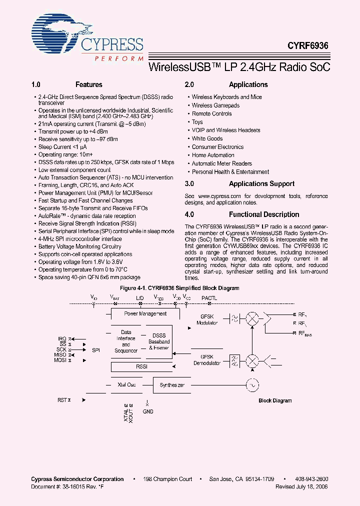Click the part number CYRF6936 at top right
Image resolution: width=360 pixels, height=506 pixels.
coord(307,45)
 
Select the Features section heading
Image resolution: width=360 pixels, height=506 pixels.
coord(88,84)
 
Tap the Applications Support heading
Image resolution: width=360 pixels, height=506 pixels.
coord(261,183)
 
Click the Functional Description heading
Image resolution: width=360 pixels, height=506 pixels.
coord(264,214)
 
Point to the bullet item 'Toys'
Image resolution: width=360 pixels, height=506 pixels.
coord(197,122)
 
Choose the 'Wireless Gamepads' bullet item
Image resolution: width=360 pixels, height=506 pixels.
coord(215,105)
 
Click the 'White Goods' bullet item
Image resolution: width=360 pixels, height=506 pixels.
coord(207,138)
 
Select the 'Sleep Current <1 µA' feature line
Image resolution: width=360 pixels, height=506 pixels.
coord(62,147)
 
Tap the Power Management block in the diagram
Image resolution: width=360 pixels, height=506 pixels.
coord(145,313)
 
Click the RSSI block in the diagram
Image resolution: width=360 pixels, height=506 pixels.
coord(142,367)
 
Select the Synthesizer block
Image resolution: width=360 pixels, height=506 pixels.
coord(172,385)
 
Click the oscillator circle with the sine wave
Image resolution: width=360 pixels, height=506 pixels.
coord(251,385)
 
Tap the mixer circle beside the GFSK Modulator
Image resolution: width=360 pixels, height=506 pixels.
coord(253,319)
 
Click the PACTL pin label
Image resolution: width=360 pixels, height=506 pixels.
coord(209,298)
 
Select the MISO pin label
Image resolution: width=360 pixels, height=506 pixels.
coord(60,355)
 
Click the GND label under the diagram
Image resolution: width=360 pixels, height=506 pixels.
coord(148,411)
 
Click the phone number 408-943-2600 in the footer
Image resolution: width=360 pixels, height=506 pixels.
coord(311,479)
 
